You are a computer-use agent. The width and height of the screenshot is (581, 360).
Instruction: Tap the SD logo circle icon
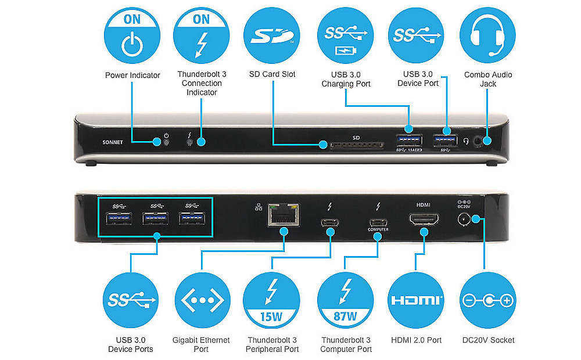click(271, 35)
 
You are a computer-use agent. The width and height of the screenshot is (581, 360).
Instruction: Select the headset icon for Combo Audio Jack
click(488, 35)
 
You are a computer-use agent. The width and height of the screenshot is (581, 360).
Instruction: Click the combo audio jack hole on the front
click(478, 140)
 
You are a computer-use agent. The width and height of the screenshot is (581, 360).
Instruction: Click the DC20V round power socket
click(464, 219)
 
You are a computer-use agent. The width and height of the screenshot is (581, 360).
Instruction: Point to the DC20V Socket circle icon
click(487, 301)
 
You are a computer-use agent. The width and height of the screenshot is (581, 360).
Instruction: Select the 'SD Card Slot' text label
click(272, 74)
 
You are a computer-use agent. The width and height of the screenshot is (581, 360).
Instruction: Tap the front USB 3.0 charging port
click(410, 141)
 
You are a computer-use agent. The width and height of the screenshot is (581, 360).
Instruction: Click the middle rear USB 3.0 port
click(156, 219)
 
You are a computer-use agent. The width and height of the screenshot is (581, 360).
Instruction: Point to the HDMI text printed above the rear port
click(423, 205)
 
